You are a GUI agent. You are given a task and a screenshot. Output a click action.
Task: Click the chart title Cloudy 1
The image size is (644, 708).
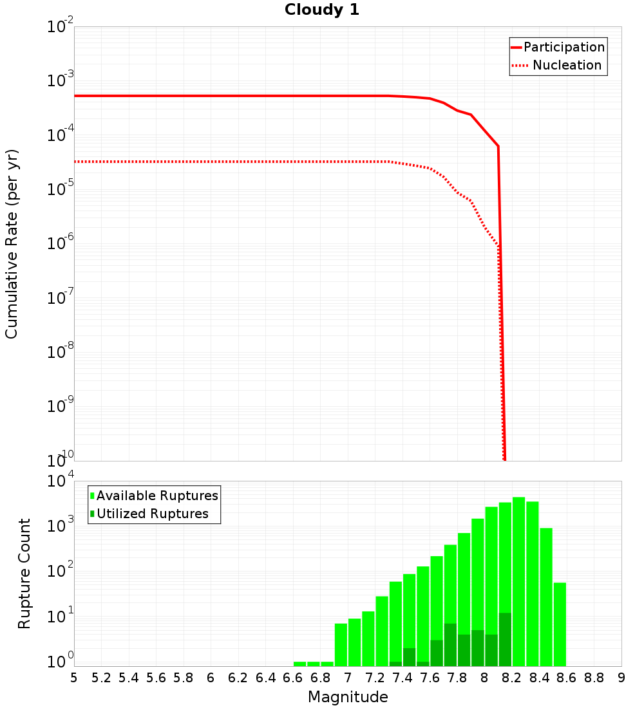tap(322, 10)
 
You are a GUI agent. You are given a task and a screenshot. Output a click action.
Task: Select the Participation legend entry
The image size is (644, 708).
tap(564, 47)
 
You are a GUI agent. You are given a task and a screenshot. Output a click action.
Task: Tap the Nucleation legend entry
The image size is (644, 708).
tap(567, 65)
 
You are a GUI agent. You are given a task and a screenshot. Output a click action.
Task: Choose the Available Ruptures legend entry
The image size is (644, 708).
tap(157, 496)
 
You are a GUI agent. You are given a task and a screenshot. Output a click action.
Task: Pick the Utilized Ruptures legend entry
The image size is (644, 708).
tap(152, 514)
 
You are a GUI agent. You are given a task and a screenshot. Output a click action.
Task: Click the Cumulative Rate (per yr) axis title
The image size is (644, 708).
tap(12, 244)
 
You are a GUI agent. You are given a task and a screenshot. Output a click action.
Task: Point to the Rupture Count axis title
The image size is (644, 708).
tap(24, 573)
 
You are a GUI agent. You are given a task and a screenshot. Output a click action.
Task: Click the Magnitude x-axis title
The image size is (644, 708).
tap(348, 697)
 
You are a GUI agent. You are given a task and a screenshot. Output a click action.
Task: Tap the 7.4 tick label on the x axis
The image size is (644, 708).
tap(402, 678)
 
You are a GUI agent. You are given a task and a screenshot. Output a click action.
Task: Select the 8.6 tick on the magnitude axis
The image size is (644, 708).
tap(567, 678)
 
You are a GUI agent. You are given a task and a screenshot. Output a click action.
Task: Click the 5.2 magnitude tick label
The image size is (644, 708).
tap(101, 678)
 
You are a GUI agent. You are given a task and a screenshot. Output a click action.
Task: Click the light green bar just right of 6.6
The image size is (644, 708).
tap(299, 664)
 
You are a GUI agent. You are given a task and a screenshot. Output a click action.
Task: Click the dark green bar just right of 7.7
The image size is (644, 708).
tap(450, 644)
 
